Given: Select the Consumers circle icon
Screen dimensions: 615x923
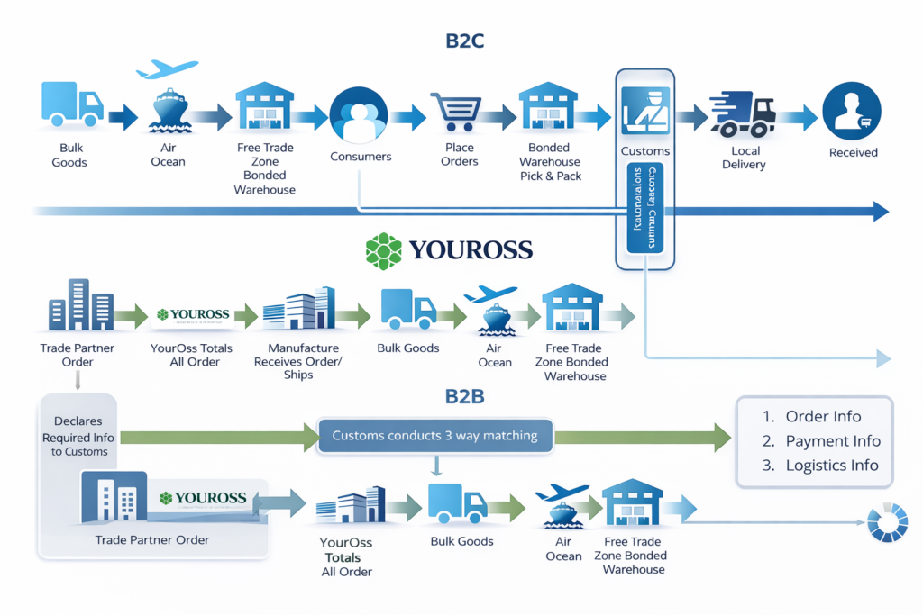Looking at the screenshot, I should [x=358, y=115].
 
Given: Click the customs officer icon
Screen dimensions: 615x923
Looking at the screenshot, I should [x=645, y=111].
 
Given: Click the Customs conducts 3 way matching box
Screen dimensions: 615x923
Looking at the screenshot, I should [x=434, y=436].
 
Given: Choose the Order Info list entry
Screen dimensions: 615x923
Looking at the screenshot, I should [x=822, y=417].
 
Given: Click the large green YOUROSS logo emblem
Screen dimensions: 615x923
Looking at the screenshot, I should [x=384, y=249].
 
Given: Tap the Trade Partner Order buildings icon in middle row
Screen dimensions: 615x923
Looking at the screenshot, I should [x=79, y=307].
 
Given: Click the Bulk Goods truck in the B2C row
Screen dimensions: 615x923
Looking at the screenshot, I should [x=71, y=105].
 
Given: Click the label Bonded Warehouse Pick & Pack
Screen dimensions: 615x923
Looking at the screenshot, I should [x=550, y=162].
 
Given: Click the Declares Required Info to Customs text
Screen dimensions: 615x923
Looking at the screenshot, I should [x=78, y=436].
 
